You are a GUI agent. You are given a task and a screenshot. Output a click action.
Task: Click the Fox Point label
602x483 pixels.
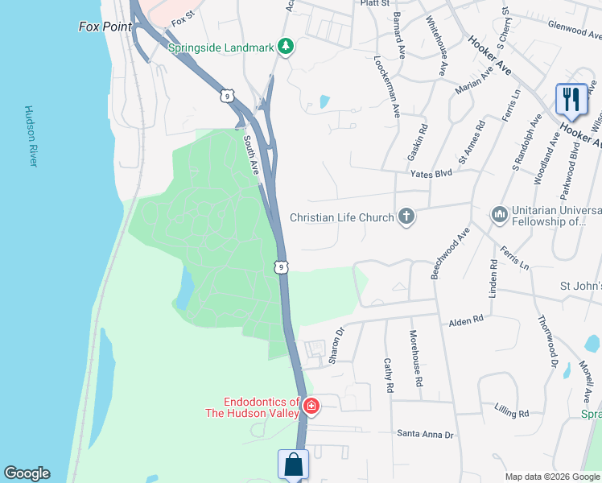click(x=104, y=27)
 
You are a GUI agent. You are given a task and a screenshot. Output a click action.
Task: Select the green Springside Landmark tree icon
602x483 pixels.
click(x=284, y=47)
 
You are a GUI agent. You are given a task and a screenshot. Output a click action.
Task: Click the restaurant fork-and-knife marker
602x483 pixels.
click(x=571, y=99)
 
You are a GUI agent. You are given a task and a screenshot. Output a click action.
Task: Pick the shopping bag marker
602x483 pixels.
click(x=294, y=464)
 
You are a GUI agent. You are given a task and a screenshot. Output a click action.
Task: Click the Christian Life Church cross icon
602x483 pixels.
click(x=406, y=217)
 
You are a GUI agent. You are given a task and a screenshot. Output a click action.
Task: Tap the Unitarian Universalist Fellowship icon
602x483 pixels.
click(x=499, y=215)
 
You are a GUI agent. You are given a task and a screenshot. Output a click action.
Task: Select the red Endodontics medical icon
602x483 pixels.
click(x=311, y=408)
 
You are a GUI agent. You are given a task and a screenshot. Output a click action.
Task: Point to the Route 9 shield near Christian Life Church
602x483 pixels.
click(x=280, y=266)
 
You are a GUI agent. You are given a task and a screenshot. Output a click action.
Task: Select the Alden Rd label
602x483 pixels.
click(x=467, y=320)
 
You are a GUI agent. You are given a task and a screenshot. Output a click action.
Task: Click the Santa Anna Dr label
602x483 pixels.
click(x=425, y=434)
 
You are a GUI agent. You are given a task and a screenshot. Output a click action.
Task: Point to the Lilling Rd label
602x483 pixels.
click(x=513, y=413)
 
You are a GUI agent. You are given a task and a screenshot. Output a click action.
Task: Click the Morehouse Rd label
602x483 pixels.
click(x=415, y=359)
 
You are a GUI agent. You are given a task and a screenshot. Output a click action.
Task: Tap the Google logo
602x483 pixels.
click(x=27, y=473)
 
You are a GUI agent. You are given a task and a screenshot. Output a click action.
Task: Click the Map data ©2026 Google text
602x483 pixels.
click(x=551, y=477)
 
